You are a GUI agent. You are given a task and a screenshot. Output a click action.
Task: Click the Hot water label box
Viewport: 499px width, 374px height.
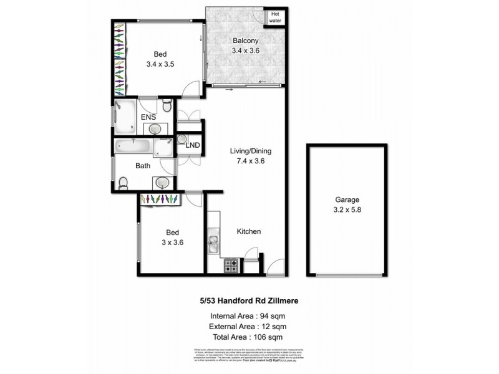pyautogui.click(x=275, y=17)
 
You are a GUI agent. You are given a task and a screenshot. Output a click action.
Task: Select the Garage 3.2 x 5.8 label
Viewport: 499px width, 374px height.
pyautogui.click(x=347, y=204)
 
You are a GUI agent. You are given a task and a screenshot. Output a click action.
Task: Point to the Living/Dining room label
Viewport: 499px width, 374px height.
pyautogui.click(x=251, y=156)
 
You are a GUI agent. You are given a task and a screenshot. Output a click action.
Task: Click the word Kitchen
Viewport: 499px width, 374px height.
pyautogui.click(x=248, y=231)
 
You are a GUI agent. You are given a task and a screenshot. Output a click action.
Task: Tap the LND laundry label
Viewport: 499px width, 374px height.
pyautogui.click(x=193, y=145)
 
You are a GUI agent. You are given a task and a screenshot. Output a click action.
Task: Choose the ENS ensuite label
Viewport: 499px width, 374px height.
pyautogui.click(x=148, y=117)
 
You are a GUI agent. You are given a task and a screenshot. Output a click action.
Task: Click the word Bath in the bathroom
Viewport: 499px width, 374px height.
pyautogui.click(x=143, y=166)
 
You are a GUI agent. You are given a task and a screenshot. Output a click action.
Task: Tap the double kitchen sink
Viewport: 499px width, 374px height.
pyautogui.click(x=214, y=244)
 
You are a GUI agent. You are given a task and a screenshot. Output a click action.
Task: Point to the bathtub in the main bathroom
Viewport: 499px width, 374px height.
pyautogui.click(x=133, y=148)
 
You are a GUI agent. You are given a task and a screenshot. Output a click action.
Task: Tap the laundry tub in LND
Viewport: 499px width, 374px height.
pyautogui.click(x=183, y=140)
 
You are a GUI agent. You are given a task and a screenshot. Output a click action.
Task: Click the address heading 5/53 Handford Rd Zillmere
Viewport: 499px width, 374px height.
pyautogui.click(x=249, y=300)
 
